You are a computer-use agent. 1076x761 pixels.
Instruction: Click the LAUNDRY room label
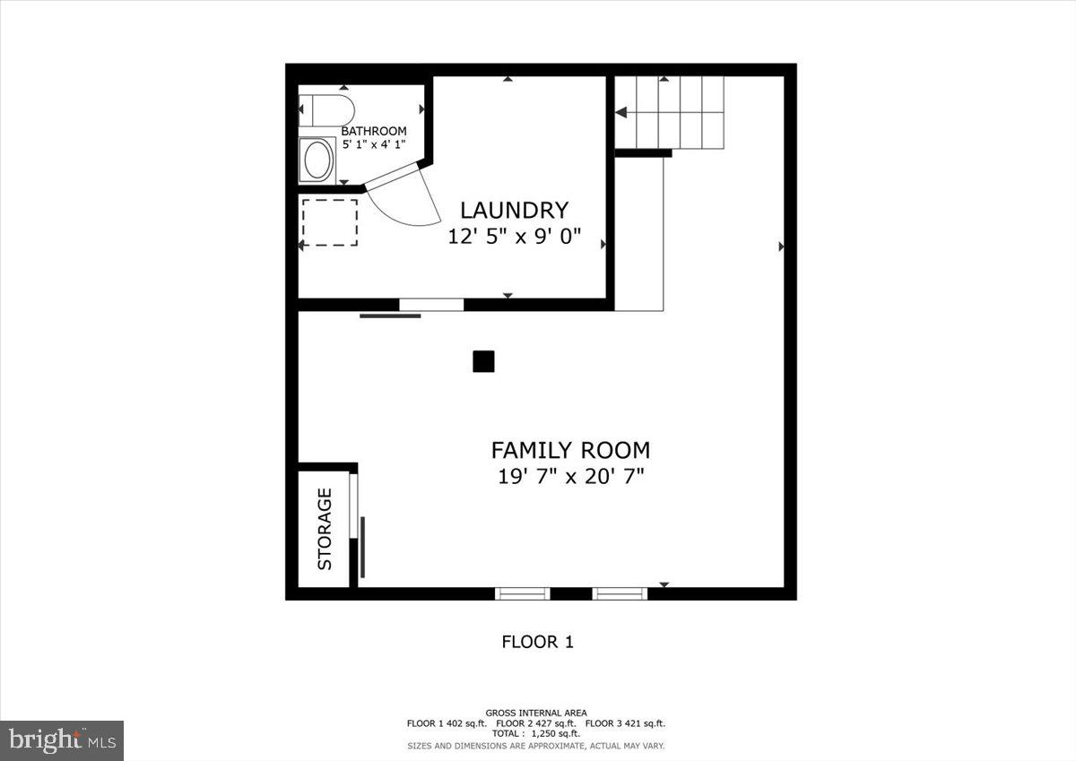[514, 211]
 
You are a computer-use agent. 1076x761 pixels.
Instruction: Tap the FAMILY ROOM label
[570, 450]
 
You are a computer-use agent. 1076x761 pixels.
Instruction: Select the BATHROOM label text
[374, 131]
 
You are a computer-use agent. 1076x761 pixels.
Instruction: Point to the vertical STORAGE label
[325, 529]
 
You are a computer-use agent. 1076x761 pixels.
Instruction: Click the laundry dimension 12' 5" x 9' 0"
[515, 237]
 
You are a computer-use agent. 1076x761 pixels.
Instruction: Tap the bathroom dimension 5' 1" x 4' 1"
[374, 143]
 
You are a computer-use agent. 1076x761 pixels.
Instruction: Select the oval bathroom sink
[317, 161]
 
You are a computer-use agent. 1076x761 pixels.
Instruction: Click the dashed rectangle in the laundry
[329, 222]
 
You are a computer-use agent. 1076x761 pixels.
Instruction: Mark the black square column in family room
[483, 361]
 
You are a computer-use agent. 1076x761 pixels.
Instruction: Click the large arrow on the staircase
[621, 112]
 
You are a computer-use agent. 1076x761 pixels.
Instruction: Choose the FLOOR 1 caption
[537, 642]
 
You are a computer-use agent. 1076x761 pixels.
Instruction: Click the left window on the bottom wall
[523, 592]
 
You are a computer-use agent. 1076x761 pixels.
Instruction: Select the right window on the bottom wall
[620, 592]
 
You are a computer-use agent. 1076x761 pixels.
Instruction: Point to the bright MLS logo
[62, 740]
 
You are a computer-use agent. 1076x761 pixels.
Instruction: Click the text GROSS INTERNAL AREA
[536, 713]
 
